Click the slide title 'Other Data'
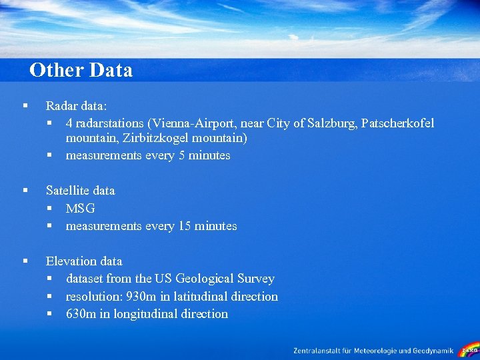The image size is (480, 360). [x=81, y=70]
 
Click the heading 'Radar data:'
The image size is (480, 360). [x=76, y=105]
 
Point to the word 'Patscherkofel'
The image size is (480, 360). [x=397, y=123]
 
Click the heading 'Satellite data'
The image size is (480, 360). [x=80, y=191]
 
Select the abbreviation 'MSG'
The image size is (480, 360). [x=81, y=209]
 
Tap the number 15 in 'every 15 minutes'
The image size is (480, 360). [x=185, y=226]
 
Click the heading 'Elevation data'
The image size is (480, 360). [x=84, y=261]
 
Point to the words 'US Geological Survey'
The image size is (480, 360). [x=214, y=279]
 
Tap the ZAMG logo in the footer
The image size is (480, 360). [x=469, y=350]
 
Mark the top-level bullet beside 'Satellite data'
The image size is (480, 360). [x=25, y=191]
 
